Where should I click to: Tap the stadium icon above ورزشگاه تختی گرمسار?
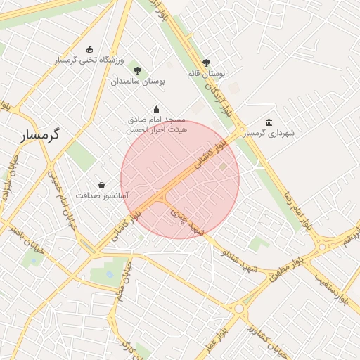click(x=89, y=49)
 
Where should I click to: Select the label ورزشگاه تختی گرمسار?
click(x=89, y=60)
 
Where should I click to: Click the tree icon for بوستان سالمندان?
click(x=137, y=70)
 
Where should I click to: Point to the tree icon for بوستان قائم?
click(x=206, y=63)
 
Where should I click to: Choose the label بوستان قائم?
click(x=206, y=73)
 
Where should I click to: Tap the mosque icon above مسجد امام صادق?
click(x=156, y=109)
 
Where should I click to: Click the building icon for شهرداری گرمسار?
click(x=269, y=122)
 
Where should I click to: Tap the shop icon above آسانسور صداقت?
click(x=102, y=185)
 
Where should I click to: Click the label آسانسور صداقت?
click(x=102, y=195)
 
